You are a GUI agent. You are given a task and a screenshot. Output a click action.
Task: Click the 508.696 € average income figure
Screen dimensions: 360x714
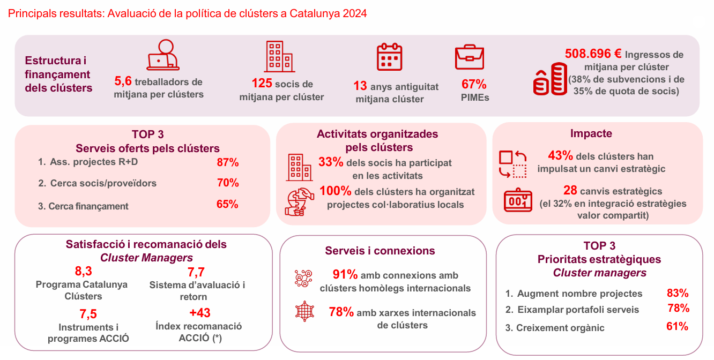click(593, 54)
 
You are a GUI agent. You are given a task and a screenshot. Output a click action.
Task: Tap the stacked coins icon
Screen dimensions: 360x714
click(550, 79)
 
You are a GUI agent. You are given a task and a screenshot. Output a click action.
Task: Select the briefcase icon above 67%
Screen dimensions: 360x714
click(470, 58)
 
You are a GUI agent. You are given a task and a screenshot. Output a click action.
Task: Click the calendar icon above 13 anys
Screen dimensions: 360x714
click(390, 57)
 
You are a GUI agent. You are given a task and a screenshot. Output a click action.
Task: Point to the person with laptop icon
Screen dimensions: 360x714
click(163, 55)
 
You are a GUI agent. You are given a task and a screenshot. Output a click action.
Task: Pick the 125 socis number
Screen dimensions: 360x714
click(262, 84)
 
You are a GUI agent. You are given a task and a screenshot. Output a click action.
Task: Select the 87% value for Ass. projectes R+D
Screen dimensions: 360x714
click(228, 162)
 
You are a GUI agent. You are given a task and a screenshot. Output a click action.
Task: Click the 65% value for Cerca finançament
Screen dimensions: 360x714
click(228, 205)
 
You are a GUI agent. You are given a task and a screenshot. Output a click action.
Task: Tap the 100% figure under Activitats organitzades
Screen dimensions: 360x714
click(335, 191)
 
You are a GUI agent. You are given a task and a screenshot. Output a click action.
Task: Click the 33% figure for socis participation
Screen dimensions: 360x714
click(331, 162)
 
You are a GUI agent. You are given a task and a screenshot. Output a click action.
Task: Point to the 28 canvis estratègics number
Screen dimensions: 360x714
click(570, 191)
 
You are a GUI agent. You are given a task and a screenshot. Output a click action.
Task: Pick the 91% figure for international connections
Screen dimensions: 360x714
click(345, 275)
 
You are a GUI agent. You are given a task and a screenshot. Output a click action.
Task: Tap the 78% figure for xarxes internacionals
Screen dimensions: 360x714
click(341, 312)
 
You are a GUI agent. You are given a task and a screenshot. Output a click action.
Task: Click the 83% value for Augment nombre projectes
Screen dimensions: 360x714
click(678, 293)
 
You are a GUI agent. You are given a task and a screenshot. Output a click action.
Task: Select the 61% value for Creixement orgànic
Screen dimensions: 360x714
click(678, 327)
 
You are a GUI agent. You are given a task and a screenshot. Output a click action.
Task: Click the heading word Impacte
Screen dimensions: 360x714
click(591, 134)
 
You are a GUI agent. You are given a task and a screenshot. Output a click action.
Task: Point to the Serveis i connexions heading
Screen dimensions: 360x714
click(380, 251)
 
